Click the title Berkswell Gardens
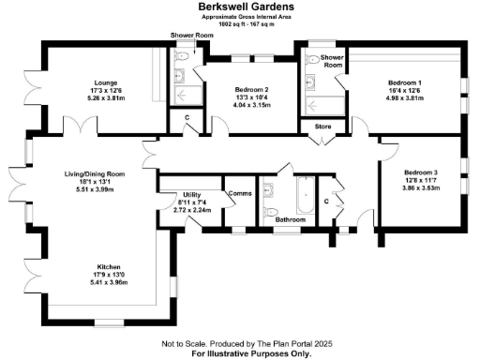pos(241,6)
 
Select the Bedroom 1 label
pos(406,82)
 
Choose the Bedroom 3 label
pos(421,172)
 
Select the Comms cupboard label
pos(239,193)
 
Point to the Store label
pos(322,126)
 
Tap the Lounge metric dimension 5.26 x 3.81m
pos(105,97)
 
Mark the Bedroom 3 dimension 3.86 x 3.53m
pos(421,188)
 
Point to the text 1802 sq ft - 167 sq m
pos(241,23)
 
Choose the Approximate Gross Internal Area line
pos(241,17)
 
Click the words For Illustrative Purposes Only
pos(240,353)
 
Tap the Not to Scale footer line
pos(240,344)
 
